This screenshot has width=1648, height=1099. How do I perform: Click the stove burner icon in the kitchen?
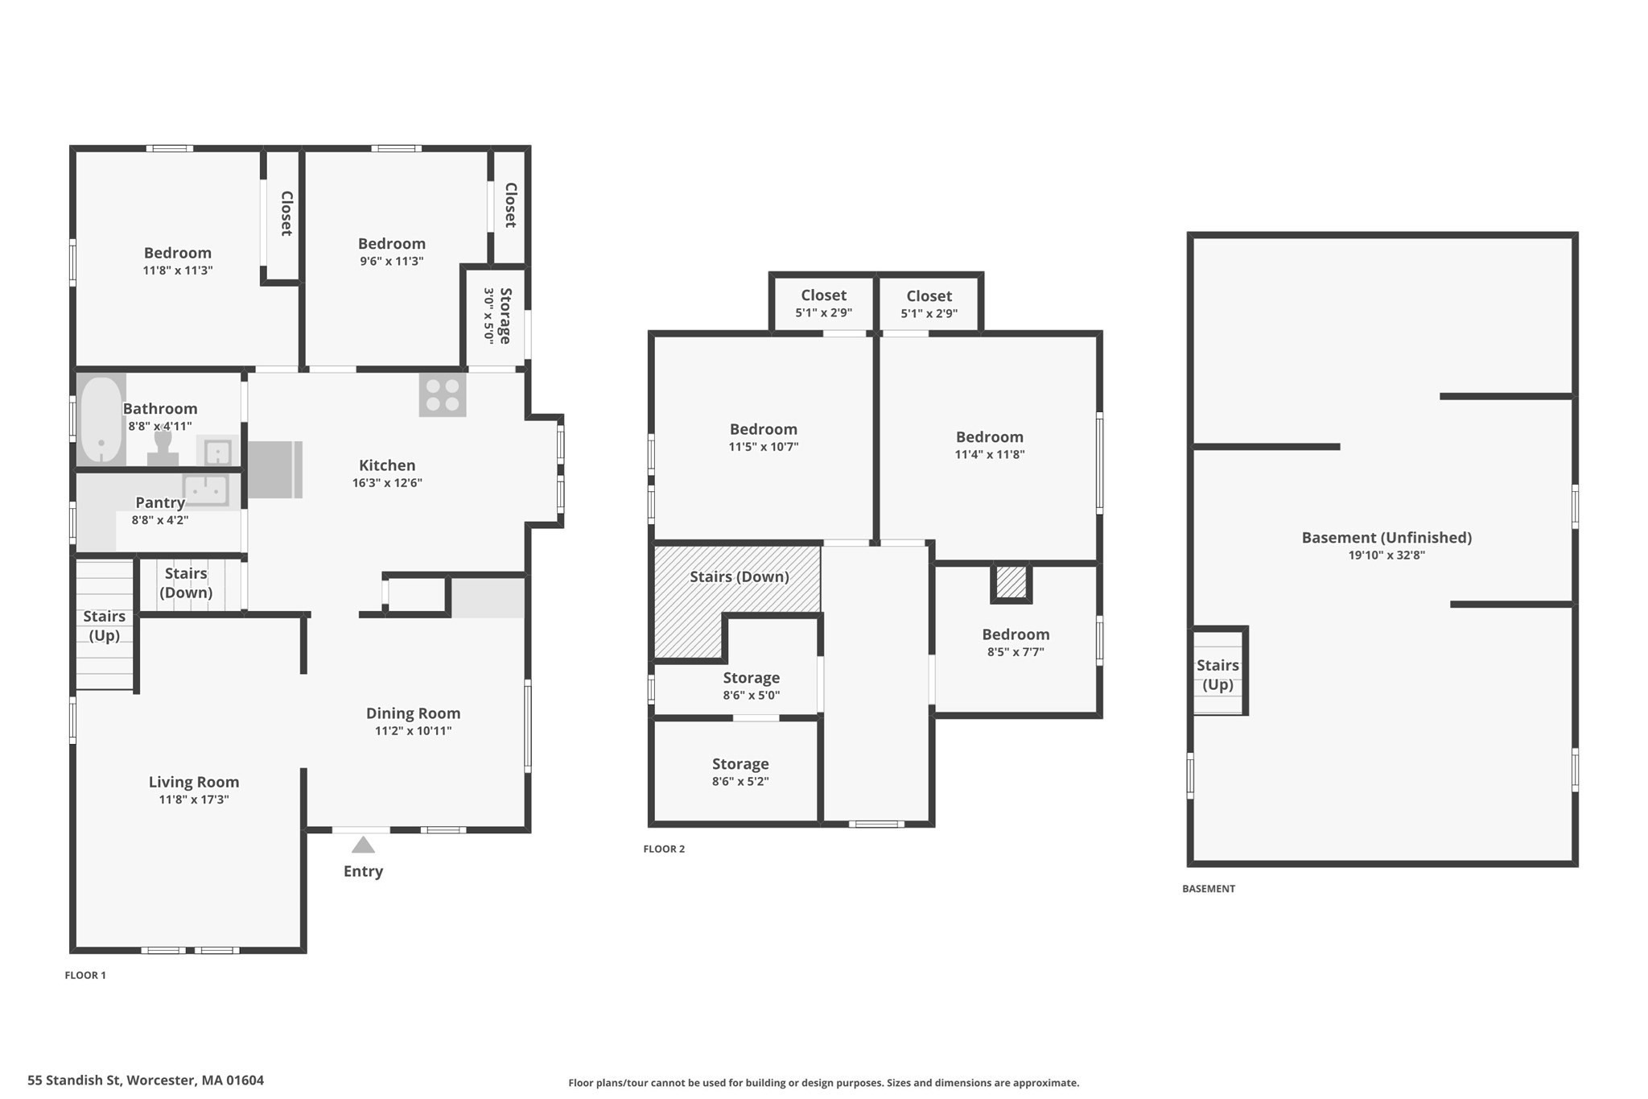click(x=442, y=395)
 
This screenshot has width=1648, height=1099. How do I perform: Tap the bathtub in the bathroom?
click(x=101, y=419)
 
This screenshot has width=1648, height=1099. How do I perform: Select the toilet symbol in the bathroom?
click(x=163, y=448)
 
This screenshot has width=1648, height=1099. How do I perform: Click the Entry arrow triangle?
click(x=363, y=845)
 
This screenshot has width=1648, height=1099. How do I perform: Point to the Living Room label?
click(x=193, y=782)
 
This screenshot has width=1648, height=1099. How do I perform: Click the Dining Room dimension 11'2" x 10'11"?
click(x=413, y=731)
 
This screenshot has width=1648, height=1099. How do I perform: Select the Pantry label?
click(x=159, y=502)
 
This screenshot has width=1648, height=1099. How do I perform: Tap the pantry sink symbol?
click(x=206, y=489)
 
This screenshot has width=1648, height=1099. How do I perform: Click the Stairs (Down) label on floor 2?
click(x=739, y=576)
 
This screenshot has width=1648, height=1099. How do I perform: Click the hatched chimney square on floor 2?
click(x=1011, y=582)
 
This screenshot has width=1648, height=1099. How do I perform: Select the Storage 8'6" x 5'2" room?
click(x=740, y=771)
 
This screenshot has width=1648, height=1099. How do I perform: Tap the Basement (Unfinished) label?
click(x=1386, y=537)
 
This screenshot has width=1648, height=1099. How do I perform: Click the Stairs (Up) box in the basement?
click(x=1218, y=672)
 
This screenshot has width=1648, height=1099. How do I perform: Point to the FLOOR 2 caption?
click(x=664, y=849)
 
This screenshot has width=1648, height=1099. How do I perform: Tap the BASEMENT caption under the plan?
click(x=1208, y=889)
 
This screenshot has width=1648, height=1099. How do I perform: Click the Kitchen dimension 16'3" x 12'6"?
click(x=387, y=483)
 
